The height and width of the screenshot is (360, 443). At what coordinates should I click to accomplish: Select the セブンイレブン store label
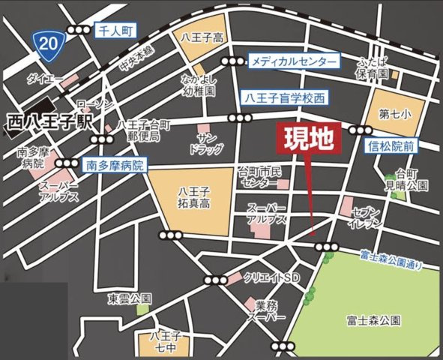[365, 218]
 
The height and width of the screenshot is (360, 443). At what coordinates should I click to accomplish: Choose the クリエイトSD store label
[271, 277]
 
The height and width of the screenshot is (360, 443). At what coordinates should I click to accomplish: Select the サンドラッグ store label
[207, 142]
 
